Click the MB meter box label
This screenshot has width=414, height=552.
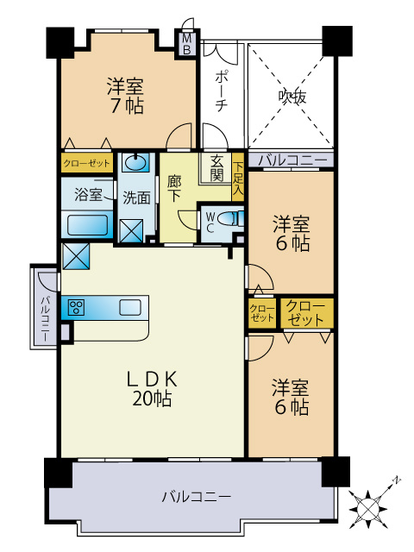187,44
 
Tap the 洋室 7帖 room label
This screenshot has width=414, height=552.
126,96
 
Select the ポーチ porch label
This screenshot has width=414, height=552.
221,91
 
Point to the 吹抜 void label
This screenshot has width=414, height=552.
292,96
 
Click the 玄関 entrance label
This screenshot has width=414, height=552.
216,169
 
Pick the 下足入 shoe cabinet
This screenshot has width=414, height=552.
238,177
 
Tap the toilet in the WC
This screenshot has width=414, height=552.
230,219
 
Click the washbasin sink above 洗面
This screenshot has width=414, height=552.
135,163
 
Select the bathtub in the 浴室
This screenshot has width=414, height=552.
87,225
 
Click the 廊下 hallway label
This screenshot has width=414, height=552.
174,189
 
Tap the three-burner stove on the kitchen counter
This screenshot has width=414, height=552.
77,308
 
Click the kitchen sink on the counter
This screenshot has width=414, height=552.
130,307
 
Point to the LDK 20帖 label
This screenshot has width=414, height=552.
152,389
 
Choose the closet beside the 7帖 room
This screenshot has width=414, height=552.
87,163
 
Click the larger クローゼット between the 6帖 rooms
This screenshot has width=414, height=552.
307,313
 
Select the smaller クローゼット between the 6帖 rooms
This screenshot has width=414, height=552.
261,313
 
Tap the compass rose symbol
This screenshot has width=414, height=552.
368,509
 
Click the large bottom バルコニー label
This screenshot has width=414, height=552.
197,497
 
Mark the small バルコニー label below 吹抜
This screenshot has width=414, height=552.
292,160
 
